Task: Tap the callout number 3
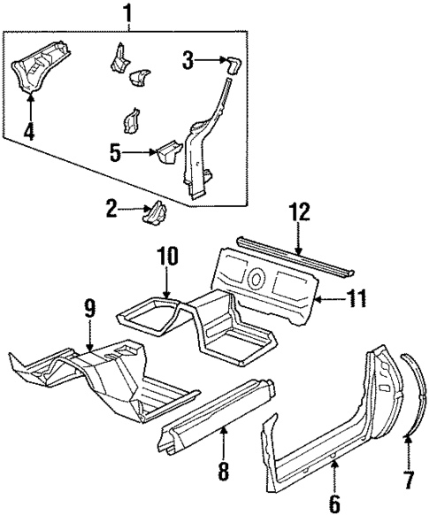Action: click(x=188, y=59)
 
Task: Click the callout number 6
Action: click(x=335, y=502)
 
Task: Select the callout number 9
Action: click(x=89, y=310)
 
